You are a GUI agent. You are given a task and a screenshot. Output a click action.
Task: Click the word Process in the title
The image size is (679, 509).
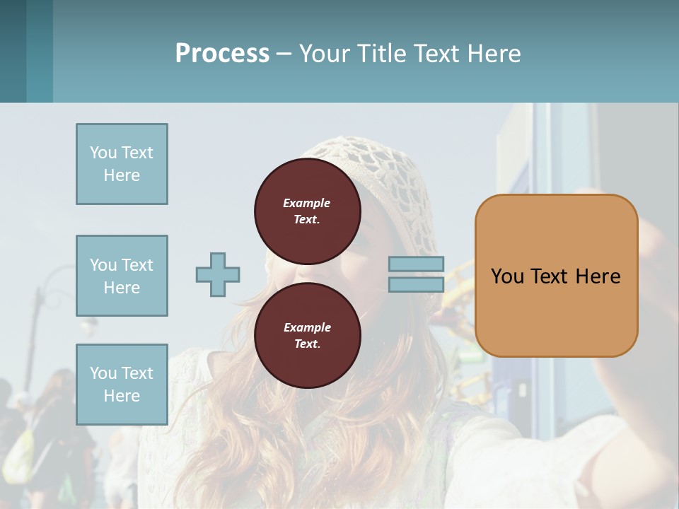(x=222, y=54)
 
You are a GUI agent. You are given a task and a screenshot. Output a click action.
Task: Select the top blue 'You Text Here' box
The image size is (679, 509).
(x=122, y=164)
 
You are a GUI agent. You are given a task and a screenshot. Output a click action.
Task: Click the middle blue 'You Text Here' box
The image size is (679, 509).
(x=122, y=276)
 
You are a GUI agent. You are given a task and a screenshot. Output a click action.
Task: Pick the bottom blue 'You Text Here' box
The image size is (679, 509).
(x=122, y=385)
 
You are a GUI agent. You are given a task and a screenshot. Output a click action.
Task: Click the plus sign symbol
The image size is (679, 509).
(x=218, y=274)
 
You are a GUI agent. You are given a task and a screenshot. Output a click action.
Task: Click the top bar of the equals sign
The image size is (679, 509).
(x=416, y=264)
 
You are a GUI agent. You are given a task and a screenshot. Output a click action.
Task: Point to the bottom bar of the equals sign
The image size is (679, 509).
(x=416, y=285)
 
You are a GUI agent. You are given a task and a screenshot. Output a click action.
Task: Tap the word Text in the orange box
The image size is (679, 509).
(x=549, y=276)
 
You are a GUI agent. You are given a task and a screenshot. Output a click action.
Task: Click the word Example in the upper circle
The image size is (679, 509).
(x=307, y=203)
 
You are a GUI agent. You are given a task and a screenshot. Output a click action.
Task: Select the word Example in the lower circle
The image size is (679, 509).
(x=307, y=327)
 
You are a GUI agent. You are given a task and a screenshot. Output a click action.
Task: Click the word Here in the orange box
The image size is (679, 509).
(x=598, y=276)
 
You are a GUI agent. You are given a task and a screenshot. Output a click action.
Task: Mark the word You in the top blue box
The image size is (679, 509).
(x=103, y=153)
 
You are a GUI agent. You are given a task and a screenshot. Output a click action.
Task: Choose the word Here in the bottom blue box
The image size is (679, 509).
(x=122, y=396)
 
